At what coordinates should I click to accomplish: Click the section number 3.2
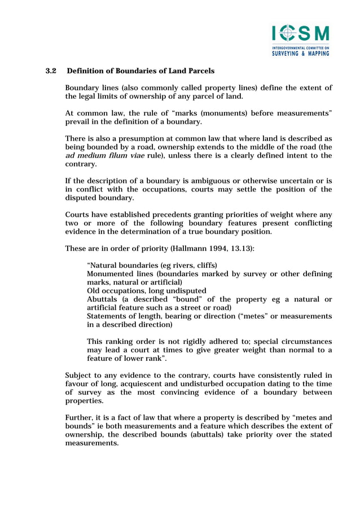click(51, 71)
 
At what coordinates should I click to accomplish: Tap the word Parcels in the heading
click(199, 71)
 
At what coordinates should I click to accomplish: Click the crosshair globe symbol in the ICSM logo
click(287, 33)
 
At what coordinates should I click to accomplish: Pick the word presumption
click(133, 138)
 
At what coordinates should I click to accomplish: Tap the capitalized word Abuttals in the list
click(103, 299)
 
